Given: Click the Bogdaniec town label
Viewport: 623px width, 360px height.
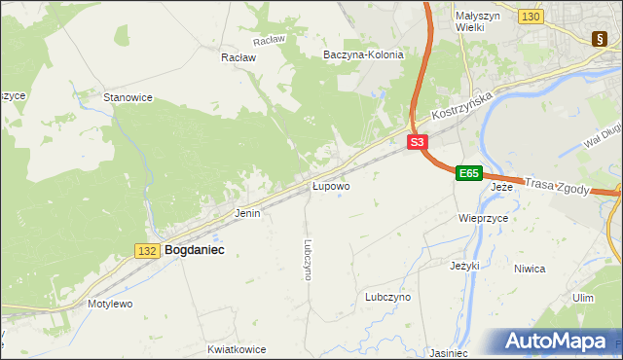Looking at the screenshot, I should (195, 250).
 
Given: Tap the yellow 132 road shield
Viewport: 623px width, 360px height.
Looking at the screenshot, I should (147, 251).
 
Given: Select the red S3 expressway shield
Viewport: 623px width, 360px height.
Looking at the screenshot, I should (417, 142).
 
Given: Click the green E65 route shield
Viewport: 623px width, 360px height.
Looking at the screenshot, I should (468, 173).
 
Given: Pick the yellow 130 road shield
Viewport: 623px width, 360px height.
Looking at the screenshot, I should (531, 18).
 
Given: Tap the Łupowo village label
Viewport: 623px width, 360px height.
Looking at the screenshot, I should (331, 185).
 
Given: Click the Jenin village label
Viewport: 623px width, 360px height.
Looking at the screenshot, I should (247, 212).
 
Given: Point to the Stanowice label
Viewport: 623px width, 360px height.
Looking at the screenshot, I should (128, 97).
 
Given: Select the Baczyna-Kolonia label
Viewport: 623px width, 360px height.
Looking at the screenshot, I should (363, 54).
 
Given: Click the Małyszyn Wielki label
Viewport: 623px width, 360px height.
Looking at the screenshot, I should (478, 22).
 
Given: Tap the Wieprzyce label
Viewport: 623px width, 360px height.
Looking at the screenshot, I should (483, 219).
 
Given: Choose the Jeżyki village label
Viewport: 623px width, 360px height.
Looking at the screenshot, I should (466, 265).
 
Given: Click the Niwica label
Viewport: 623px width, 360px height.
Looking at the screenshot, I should (557, 269).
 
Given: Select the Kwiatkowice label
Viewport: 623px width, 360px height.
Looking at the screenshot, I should (237, 347).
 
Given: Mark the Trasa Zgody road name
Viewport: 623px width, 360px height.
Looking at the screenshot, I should (557, 184).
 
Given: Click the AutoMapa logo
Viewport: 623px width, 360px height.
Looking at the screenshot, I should (558, 342).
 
